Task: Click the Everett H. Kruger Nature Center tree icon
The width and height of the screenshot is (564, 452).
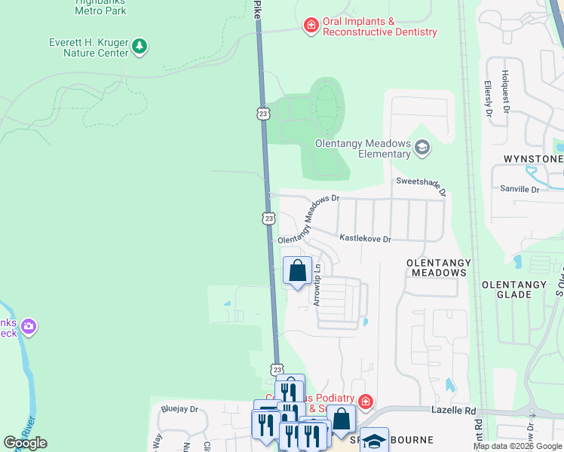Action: pyautogui.click(x=139, y=47)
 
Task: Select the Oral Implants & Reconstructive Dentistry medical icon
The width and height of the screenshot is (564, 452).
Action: pyautogui.click(x=310, y=26)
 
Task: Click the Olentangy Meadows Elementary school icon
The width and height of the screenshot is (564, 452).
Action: pyautogui.click(x=422, y=148)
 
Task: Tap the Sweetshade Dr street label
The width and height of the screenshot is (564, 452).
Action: pyautogui.click(x=421, y=185)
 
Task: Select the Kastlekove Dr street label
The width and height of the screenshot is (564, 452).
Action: pyautogui.click(x=365, y=239)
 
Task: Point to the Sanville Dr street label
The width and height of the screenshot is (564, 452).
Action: pyautogui.click(x=520, y=190)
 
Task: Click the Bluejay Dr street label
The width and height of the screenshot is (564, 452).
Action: pyautogui.click(x=179, y=410)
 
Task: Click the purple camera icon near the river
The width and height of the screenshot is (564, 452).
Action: pyautogui.click(x=29, y=327)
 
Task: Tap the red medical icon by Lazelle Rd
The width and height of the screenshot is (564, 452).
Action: pyautogui.click(x=366, y=401)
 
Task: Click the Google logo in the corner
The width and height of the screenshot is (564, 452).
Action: pyautogui.click(x=25, y=443)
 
